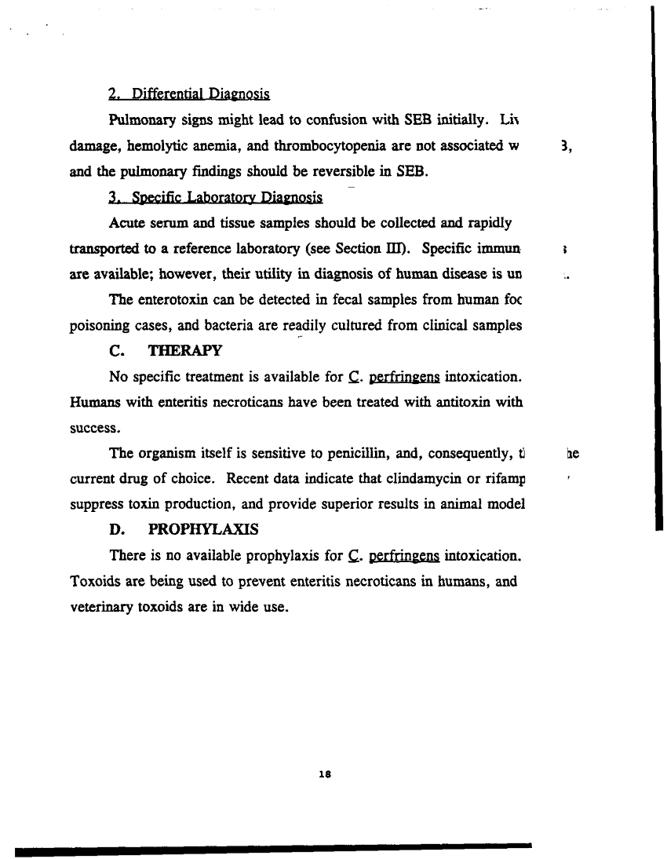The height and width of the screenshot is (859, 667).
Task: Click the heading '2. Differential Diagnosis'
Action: point(189,95)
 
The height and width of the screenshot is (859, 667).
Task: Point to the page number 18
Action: point(328,773)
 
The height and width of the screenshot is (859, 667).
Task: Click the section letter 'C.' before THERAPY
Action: point(118,349)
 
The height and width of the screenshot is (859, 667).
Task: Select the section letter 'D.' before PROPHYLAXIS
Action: point(118,530)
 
